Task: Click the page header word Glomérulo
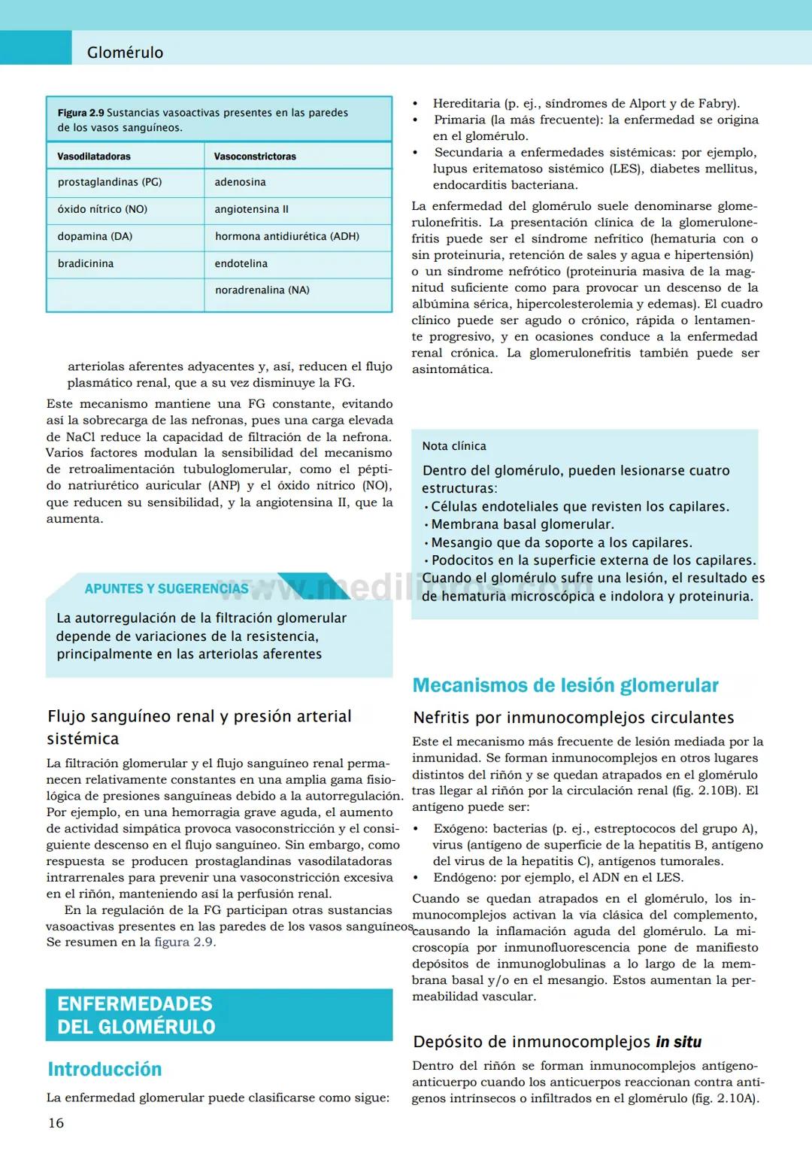coord(125,53)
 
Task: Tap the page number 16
coord(56,1123)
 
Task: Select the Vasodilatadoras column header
coord(94,156)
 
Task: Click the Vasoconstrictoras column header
coord(255,156)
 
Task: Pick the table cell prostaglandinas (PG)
coord(110,182)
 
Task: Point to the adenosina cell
coord(240,182)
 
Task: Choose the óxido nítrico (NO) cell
coord(102,209)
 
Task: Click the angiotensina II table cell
coord(251,209)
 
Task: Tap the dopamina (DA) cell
coord(95,236)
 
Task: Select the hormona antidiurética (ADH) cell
coord(286,236)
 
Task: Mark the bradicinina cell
coord(86,263)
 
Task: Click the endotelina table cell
coord(241,263)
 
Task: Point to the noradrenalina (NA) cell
coord(262,290)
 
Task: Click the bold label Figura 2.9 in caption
coord(80,113)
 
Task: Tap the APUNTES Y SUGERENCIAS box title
coord(166,589)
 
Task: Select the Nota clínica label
coord(454,446)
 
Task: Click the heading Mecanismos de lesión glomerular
coord(565,685)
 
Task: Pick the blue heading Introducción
coord(105,1069)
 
